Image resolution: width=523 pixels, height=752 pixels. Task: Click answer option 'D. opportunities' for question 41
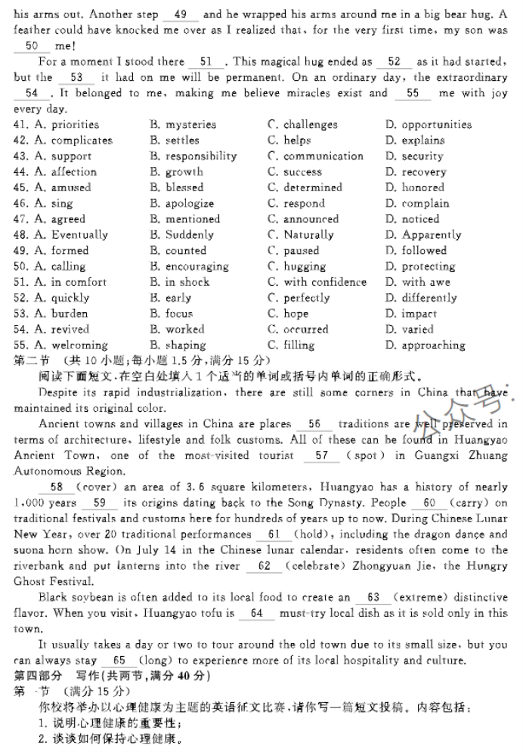pyautogui.click(x=428, y=125)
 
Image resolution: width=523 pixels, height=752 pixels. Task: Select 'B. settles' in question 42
pyautogui.click(x=175, y=141)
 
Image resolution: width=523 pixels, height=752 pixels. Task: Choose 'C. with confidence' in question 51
pyautogui.click(x=317, y=282)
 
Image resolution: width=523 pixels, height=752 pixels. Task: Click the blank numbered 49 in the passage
pyautogui.click(x=181, y=15)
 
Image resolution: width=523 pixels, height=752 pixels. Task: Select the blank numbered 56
pyautogui.click(x=314, y=425)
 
